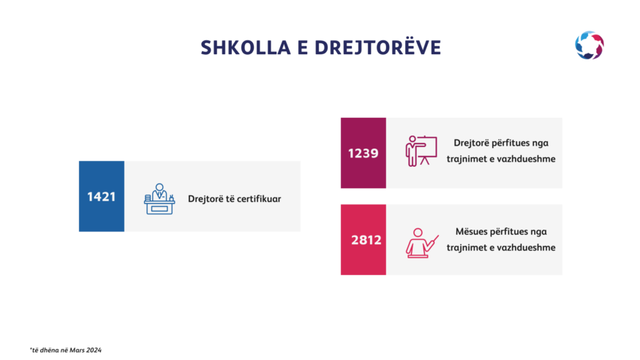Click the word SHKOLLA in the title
[245, 48]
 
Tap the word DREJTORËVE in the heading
[377, 47]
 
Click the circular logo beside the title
[590, 45]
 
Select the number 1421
[101, 197]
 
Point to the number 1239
[364, 154]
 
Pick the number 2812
[366, 240]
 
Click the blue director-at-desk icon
[159, 199]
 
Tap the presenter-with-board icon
[421, 151]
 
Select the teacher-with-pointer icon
[422, 243]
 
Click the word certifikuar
[259, 199]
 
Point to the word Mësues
[471, 231]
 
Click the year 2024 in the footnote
[94, 350]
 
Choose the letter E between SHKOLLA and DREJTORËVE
[303, 48]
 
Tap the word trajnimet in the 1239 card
[463, 159]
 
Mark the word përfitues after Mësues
[508, 232]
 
